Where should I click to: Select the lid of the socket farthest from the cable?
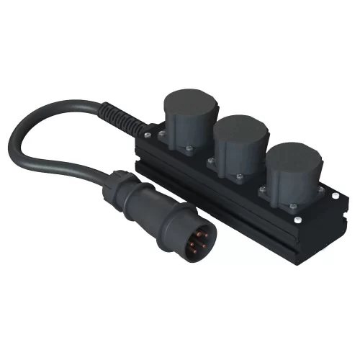294,155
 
